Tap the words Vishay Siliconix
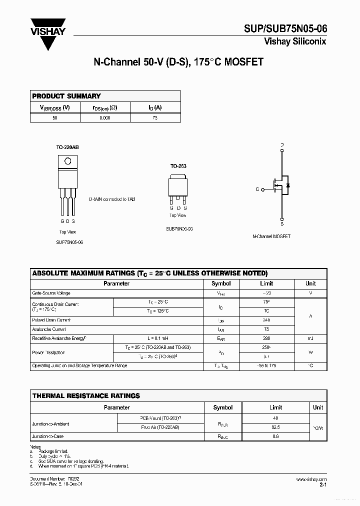[295, 42]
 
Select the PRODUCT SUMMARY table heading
[66, 96]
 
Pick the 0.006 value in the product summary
[104, 118]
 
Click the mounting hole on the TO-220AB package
[68, 161]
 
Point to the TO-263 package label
[177, 165]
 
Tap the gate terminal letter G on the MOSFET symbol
[257, 189]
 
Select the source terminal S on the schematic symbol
[282, 224]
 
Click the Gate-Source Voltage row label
[51, 293]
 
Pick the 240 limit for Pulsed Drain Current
[266, 320]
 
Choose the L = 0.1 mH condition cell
[158, 339]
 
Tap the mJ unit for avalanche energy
[310, 339]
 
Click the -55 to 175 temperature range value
[266, 366]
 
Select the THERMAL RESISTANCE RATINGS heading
[86, 395]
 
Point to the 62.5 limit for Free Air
[275, 427]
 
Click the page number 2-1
[322, 484]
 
